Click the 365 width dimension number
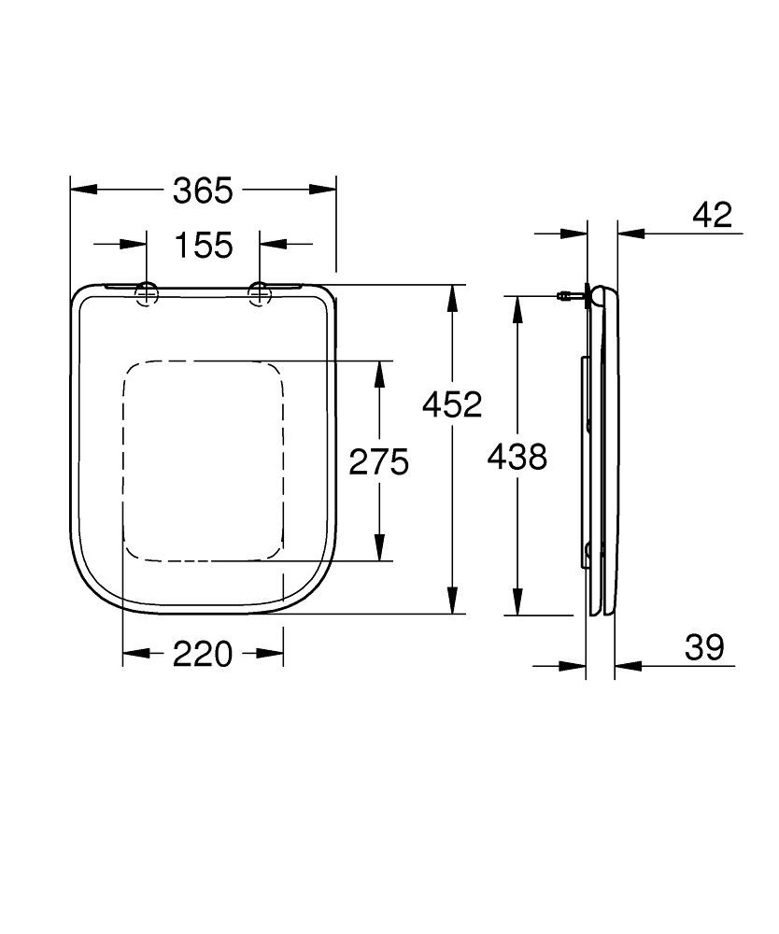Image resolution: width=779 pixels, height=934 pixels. [203, 191]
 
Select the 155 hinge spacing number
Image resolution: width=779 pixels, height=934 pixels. [203, 246]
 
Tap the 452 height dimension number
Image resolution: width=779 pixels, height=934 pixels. [451, 404]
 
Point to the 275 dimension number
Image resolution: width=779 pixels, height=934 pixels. [379, 461]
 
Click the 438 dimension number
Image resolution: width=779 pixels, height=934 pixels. [517, 457]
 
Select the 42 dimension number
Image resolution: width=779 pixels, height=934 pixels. [713, 215]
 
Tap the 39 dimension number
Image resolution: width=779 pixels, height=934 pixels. [704, 648]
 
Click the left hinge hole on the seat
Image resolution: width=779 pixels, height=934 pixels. [148, 294]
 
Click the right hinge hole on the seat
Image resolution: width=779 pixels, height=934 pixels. [260, 294]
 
